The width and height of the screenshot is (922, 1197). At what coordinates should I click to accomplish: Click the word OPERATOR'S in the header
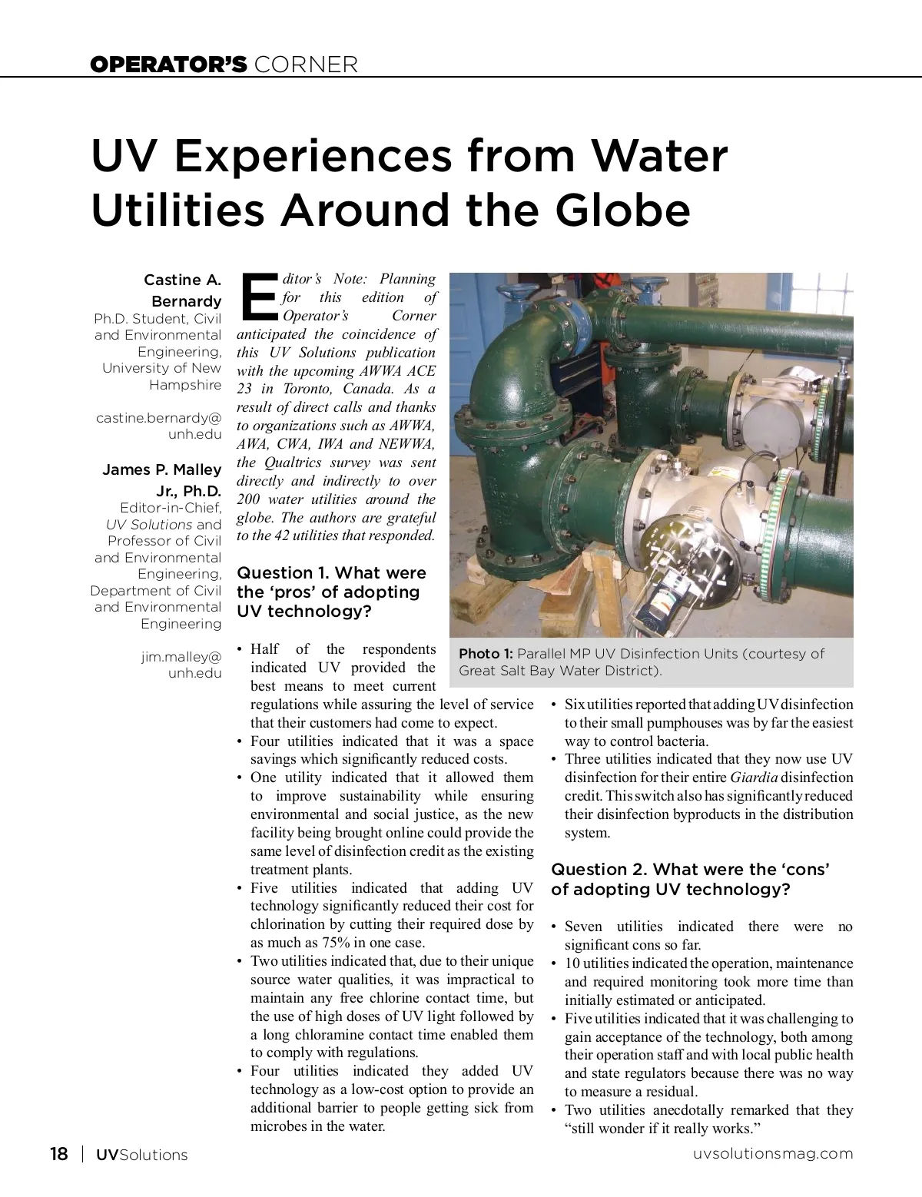point(168,65)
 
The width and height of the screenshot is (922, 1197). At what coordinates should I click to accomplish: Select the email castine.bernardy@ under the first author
point(159,418)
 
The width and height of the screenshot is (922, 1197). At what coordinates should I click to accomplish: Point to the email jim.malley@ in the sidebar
point(181,657)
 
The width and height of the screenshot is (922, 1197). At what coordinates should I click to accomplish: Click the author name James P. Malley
point(162,469)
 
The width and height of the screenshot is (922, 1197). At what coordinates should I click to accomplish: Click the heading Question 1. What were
point(331,573)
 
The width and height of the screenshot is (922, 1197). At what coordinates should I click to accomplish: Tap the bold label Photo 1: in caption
point(486,654)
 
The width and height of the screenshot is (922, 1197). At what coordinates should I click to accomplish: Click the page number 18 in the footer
point(58,1154)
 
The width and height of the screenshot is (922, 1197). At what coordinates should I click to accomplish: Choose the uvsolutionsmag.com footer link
point(772,1153)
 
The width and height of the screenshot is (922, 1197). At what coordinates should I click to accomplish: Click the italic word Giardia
point(753,778)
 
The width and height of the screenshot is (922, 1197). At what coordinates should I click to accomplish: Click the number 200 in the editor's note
point(249,499)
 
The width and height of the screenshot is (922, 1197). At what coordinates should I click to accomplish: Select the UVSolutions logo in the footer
point(141,1155)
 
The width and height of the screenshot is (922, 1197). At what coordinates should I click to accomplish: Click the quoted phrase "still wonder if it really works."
point(662,1129)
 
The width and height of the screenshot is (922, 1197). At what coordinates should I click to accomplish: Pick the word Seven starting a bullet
point(583,927)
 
